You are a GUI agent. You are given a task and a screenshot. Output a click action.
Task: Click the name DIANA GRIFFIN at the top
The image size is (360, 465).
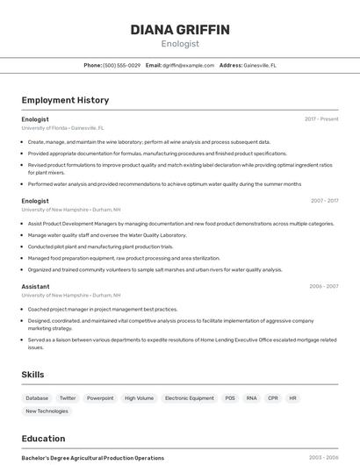(180, 30)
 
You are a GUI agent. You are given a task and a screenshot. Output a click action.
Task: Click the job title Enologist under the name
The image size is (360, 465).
(180, 44)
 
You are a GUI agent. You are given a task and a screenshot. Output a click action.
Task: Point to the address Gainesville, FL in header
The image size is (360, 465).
(259, 65)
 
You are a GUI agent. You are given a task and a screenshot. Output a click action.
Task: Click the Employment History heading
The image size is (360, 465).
(65, 100)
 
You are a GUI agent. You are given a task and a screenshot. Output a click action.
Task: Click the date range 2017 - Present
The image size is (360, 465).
(321, 118)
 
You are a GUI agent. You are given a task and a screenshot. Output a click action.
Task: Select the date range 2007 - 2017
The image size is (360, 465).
(324, 201)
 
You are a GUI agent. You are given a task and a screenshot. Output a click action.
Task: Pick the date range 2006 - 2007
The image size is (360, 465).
(324, 286)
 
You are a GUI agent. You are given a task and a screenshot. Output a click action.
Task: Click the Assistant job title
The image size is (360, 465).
(35, 286)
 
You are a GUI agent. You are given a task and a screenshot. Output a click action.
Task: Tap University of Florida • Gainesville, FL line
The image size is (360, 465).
(62, 127)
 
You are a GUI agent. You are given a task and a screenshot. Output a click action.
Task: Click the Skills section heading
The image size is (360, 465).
(32, 375)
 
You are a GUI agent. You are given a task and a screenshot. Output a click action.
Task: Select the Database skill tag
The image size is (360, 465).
(37, 398)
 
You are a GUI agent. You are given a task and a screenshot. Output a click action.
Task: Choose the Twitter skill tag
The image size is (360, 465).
(68, 398)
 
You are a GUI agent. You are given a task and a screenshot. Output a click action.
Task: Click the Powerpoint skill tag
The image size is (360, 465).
(100, 398)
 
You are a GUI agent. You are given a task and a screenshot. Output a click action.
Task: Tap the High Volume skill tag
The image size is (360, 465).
(139, 398)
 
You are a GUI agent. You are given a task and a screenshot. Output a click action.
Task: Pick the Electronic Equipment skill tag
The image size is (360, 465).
(189, 398)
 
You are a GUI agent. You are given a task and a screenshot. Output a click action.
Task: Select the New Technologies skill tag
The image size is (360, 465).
(47, 411)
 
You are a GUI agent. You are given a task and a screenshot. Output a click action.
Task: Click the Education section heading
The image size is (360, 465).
(43, 439)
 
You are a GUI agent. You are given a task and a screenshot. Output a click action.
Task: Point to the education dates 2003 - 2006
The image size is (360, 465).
(324, 458)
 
